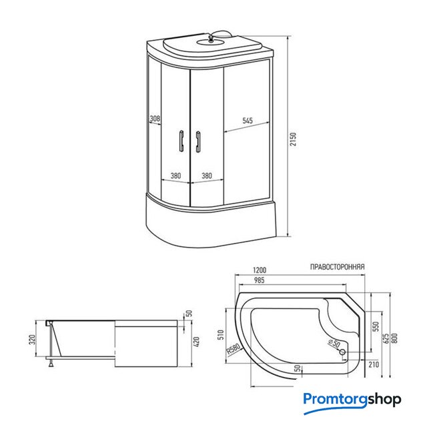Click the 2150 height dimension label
point(293,139)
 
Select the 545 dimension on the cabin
point(248,120)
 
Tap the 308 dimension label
point(155,119)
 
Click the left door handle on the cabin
point(181,140)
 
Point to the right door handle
point(198,141)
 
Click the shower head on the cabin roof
point(211,38)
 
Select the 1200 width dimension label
point(260,270)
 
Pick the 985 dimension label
point(259,280)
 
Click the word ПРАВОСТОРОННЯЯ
point(337,267)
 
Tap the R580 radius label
point(234,349)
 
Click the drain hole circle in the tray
point(342,352)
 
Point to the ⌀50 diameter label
point(334,344)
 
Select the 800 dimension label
point(395,338)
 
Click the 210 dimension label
point(374,364)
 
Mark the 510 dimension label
point(221,334)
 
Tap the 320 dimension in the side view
point(32,340)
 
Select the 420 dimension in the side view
point(196,342)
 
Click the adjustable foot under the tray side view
point(51,363)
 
